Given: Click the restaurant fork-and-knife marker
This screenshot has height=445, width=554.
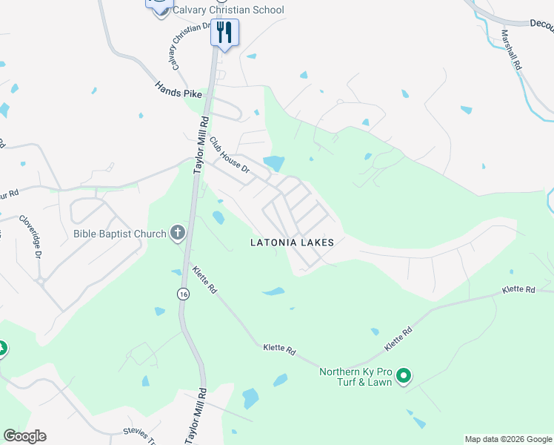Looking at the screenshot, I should (224, 32).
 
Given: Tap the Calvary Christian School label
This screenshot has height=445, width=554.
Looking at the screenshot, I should (227, 10).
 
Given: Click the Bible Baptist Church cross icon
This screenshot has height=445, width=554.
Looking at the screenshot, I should (177, 234).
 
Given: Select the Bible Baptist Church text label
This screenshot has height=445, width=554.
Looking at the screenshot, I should (120, 234).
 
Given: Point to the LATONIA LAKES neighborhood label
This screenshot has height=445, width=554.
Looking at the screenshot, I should (292, 243).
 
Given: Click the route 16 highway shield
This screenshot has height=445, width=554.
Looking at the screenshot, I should (183, 294).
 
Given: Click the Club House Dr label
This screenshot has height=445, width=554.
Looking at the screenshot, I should (230, 156).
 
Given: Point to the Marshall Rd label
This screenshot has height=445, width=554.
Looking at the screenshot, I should (510, 50).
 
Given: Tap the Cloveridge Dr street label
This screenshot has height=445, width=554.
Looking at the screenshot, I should (29, 237).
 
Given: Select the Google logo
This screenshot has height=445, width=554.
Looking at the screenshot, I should (24, 436).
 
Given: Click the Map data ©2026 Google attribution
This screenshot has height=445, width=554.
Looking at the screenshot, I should (509, 439).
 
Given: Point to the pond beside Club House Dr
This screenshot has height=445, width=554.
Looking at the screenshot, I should (273, 162).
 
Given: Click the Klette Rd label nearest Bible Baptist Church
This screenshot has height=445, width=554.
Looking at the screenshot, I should (203, 280).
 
